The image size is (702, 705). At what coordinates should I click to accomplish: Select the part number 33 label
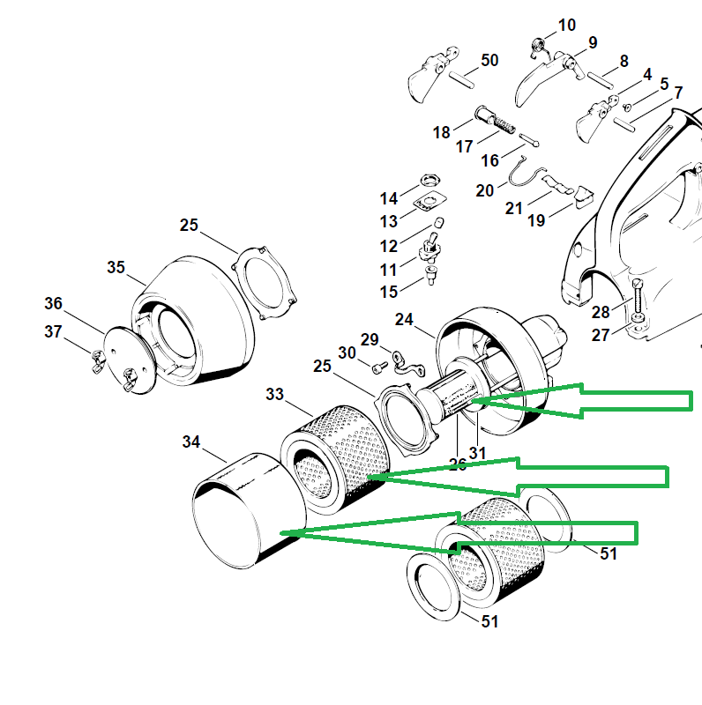(x=275, y=396)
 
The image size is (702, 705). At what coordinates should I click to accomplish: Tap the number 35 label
(x=116, y=266)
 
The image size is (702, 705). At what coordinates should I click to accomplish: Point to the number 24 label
(x=404, y=319)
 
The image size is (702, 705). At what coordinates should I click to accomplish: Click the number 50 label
(x=489, y=60)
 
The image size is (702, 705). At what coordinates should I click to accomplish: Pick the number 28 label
(x=601, y=312)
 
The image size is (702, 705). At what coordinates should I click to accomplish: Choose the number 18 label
(x=442, y=132)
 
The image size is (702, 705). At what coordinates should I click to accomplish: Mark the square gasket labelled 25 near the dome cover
(x=265, y=283)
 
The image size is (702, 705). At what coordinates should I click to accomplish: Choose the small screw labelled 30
(x=377, y=365)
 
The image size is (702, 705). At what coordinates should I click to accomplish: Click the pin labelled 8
(x=601, y=77)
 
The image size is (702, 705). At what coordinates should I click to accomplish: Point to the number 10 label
(x=566, y=25)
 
